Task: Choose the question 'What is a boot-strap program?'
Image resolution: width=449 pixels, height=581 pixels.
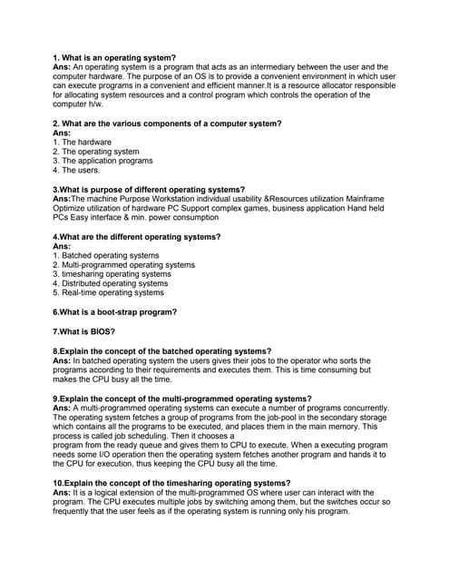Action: coord(115,312)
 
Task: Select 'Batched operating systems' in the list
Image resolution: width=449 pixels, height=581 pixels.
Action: coord(106,255)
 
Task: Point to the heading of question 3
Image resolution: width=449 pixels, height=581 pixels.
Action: coord(149,189)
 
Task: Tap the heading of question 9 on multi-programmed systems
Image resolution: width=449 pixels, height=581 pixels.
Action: coord(181,398)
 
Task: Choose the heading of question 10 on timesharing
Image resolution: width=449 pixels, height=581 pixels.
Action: coord(171,482)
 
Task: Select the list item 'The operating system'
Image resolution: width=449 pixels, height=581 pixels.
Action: coord(95,152)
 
